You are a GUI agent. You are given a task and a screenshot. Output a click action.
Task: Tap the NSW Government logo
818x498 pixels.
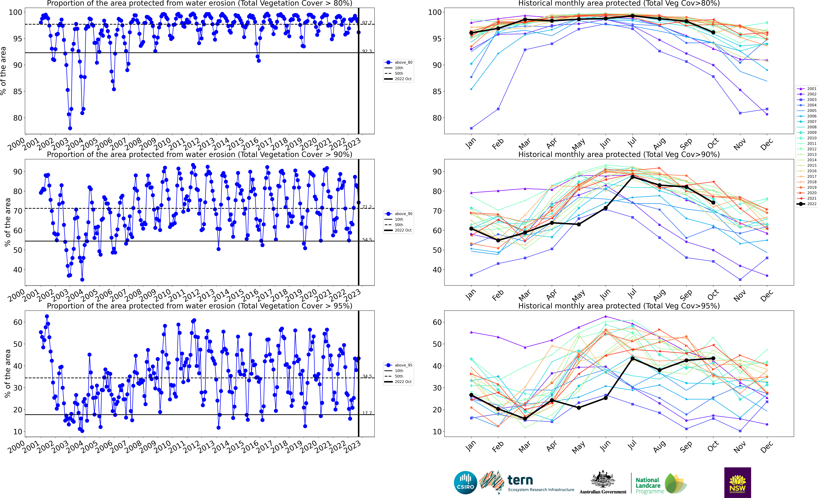click(737, 482)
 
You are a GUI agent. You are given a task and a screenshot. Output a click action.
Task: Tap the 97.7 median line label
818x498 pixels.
click(367, 23)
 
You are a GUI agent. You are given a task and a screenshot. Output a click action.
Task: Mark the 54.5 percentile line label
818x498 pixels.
click(367, 240)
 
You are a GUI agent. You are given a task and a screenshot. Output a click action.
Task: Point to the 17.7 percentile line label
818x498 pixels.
click(367, 413)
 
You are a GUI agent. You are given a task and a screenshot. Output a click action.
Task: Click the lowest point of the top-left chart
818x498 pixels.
click(70, 128)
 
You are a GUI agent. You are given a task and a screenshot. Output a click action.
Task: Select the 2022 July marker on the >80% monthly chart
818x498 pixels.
click(632, 16)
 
